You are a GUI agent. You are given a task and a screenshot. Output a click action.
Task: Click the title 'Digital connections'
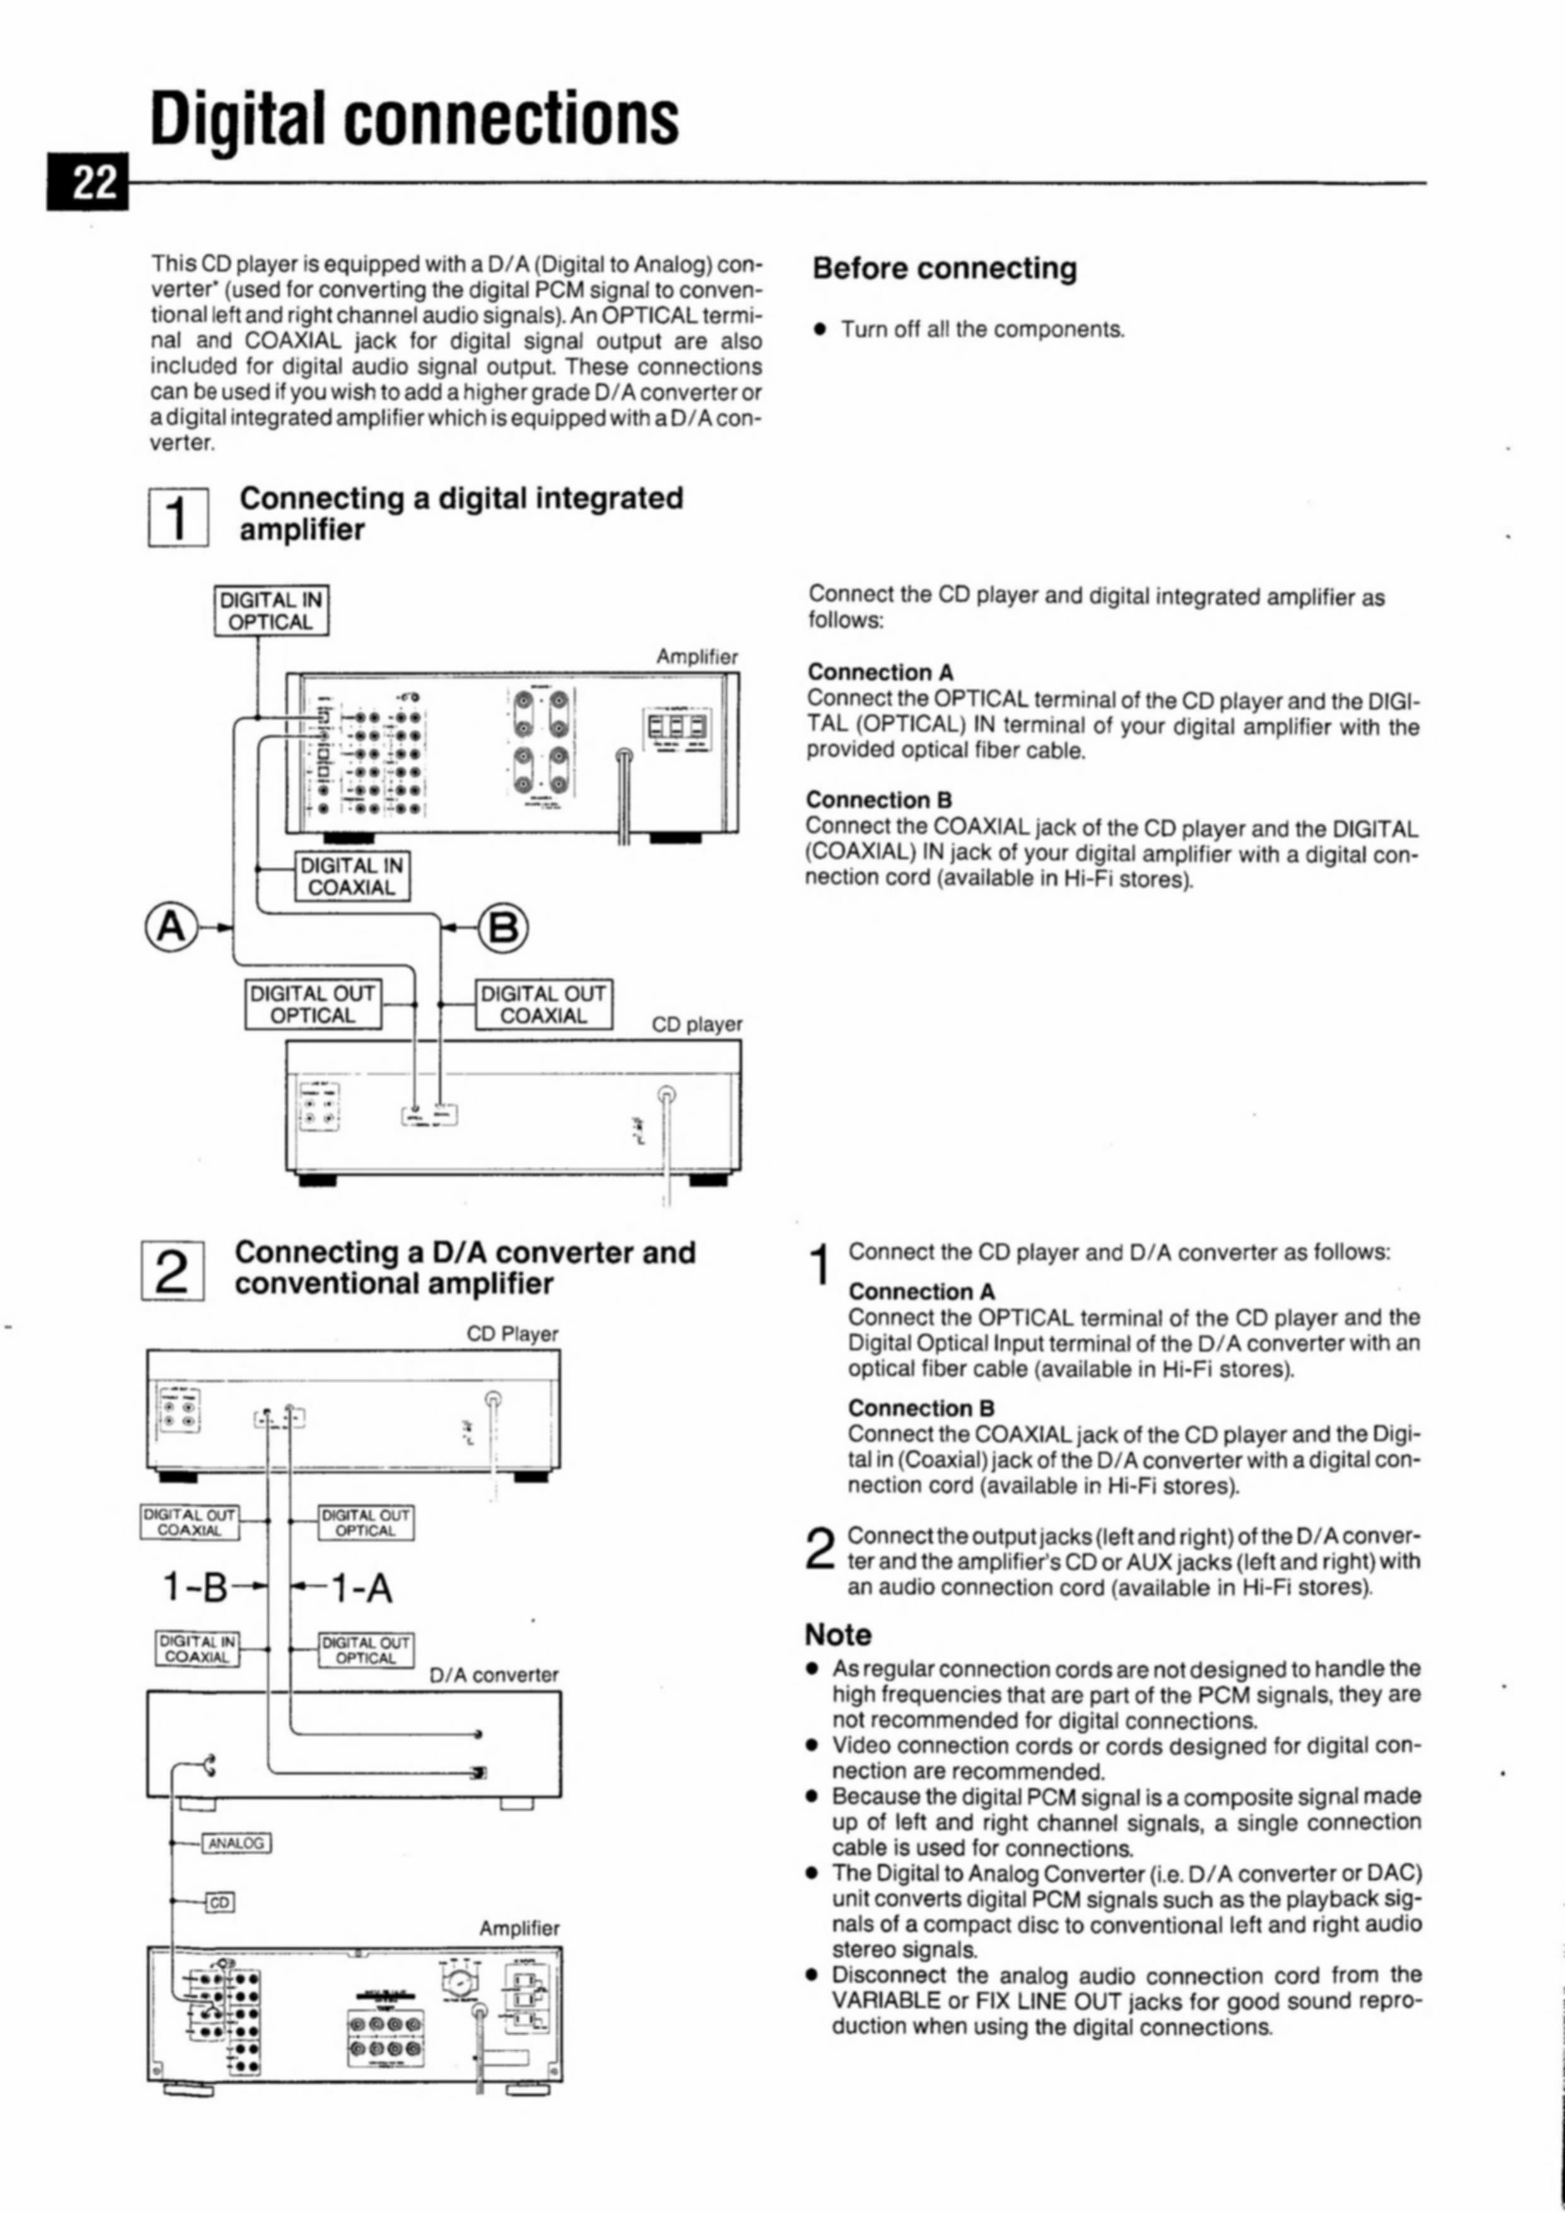pos(414,119)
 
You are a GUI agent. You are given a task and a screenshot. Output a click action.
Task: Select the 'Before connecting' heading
pos(944,268)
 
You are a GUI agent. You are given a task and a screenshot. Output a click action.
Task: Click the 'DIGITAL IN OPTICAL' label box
pos(271,611)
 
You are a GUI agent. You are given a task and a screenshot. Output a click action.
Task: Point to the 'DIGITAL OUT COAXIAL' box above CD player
pos(544,1005)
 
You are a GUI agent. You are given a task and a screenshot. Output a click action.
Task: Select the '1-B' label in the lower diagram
pos(195,1588)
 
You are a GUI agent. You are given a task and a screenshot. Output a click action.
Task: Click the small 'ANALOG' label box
pos(236,1843)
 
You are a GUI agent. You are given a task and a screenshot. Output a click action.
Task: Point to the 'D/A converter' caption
pos(493,1675)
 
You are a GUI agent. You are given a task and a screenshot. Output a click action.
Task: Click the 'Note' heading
pos(838,1635)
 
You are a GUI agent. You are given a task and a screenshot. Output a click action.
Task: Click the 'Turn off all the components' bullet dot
pos(820,329)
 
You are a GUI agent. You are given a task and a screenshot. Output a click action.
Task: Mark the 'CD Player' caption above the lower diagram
pos(512,1334)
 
